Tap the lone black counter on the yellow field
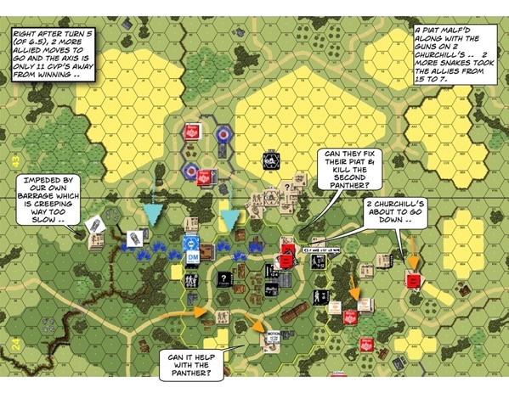269,160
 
